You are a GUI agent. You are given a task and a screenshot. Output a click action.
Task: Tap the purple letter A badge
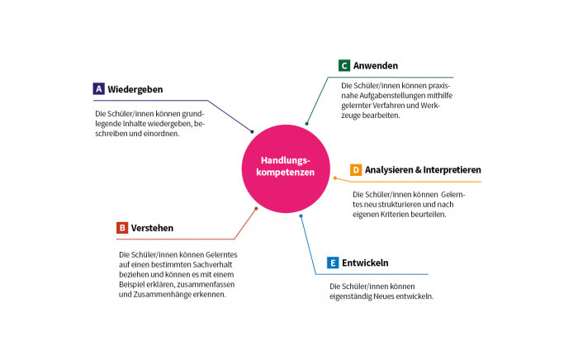coord(98,88)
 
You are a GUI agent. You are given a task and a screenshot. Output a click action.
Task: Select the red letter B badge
coord(122,228)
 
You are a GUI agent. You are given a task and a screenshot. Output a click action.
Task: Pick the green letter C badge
coord(344,66)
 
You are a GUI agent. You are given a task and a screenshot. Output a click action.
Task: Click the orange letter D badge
coord(356,170)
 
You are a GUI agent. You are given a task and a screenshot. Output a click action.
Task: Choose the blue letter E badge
coord(333,263)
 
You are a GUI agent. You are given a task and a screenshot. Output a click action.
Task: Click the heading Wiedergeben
coord(135,88)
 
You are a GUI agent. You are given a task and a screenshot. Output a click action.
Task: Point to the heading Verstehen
coord(153,228)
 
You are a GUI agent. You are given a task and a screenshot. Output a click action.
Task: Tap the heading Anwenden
coord(377,66)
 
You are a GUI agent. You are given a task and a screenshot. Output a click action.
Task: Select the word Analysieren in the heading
coord(391,170)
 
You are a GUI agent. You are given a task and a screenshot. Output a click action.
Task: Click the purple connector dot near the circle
coord(253,131)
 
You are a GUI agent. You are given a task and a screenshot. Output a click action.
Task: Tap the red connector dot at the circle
coord(256,208)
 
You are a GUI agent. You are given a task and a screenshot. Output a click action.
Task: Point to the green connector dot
coord(306,124)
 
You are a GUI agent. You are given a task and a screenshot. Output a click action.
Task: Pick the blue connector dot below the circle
coord(301,216)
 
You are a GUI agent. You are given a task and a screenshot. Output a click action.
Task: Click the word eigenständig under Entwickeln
coord(351,296)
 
